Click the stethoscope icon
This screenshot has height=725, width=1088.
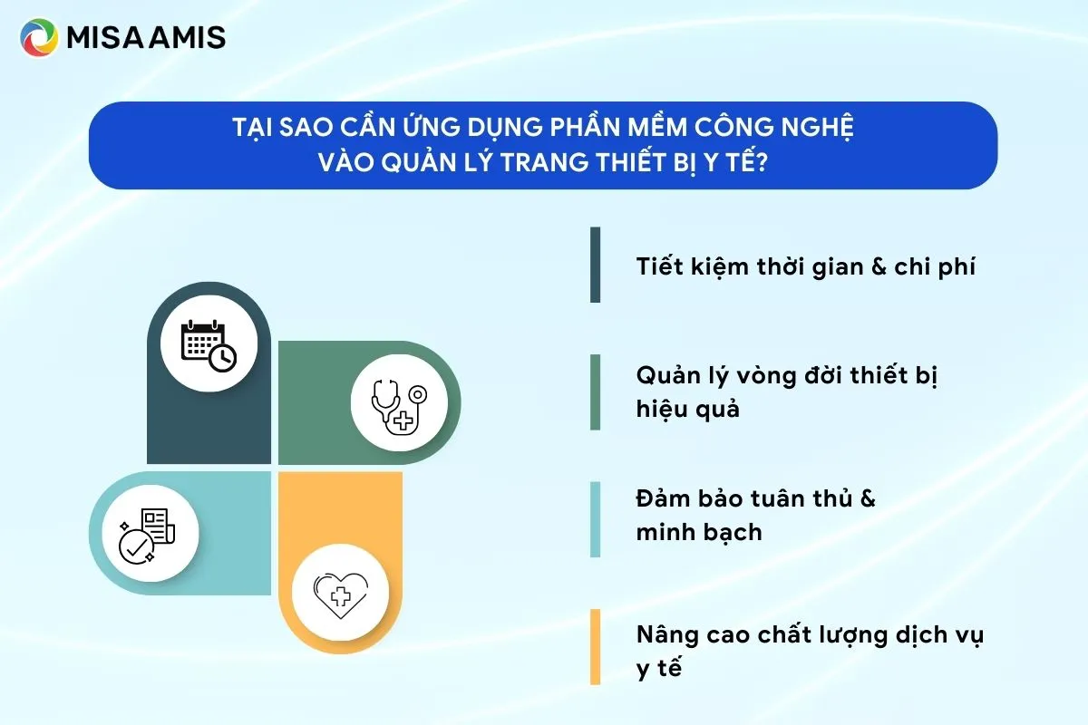tap(399, 407)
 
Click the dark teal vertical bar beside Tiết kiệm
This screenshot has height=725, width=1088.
tap(595, 265)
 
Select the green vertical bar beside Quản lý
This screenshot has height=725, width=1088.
tap(595, 391)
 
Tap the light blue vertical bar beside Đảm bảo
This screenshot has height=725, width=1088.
tap(595, 518)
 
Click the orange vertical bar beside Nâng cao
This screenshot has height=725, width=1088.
tap(595, 647)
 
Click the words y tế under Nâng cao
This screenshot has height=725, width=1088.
tap(658, 669)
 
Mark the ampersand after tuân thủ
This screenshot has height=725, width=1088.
tap(865, 498)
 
